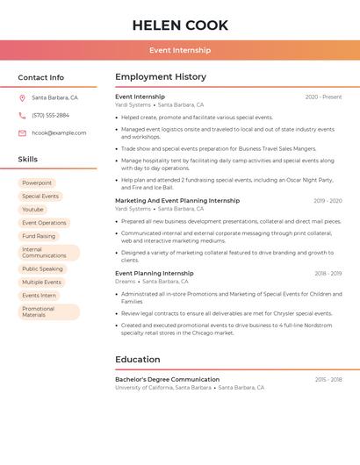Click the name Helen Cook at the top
point(180,25)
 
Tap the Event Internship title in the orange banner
point(180,51)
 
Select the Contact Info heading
point(41,77)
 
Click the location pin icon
point(22,97)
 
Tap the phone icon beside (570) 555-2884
point(22,115)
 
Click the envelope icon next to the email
point(22,132)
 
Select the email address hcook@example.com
point(59,132)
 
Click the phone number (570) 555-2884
point(50,115)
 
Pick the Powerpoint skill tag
point(37,182)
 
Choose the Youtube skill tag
point(32,210)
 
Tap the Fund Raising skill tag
point(39,236)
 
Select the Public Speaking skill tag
point(42,269)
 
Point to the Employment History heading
point(161,77)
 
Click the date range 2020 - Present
point(323,97)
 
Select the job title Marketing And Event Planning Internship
point(177,200)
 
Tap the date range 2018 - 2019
point(328,274)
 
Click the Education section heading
point(138,359)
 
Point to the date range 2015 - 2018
point(328,379)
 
